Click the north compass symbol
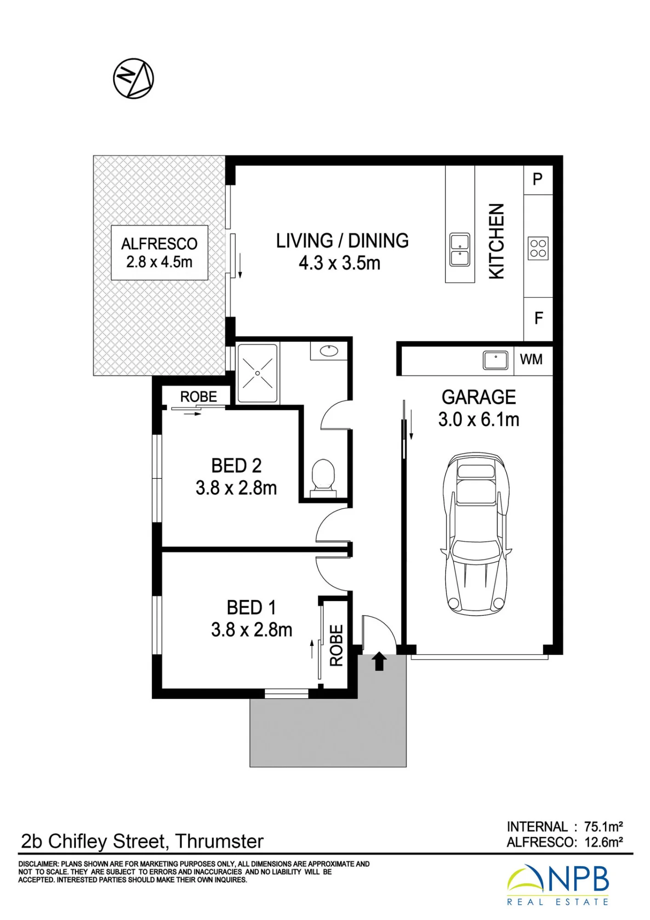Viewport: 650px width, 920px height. (x=133, y=78)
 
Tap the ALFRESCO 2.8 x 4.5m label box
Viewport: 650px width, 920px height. (x=160, y=253)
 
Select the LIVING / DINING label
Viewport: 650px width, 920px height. (x=342, y=241)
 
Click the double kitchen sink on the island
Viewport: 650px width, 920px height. (x=460, y=250)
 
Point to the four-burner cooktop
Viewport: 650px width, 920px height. (x=538, y=248)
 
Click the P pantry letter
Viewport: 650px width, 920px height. (x=537, y=179)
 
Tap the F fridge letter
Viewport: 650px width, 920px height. (x=539, y=318)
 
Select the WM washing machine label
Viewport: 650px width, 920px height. (x=531, y=359)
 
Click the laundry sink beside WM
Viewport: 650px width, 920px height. (x=496, y=360)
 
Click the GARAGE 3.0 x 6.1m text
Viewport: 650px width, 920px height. (x=479, y=408)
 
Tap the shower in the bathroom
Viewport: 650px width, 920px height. (x=257, y=373)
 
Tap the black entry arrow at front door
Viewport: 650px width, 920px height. (x=379, y=661)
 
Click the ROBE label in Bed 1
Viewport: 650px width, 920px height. (x=336, y=645)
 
